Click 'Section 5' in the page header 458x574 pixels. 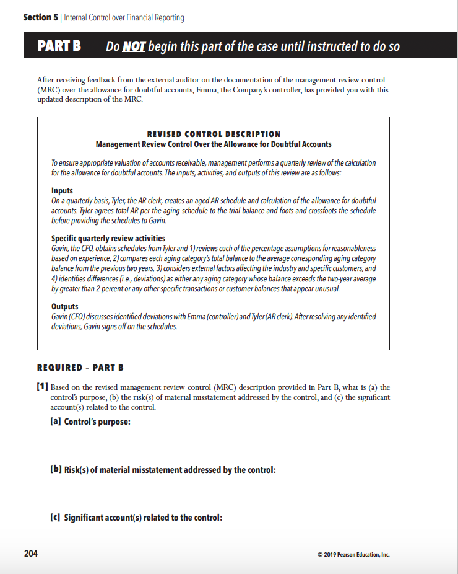[41, 17]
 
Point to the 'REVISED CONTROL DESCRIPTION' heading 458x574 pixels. [214, 134]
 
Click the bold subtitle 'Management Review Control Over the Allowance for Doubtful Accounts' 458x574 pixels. [214, 144]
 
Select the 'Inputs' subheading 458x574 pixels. [62, 191]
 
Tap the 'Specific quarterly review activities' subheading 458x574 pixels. [108, 238]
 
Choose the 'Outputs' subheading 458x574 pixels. [64, 306]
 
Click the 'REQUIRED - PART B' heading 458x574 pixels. [80, 368]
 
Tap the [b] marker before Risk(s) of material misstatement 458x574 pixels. [55, 470]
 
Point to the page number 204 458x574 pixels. [30, 554]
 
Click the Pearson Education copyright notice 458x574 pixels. [353, 554]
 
